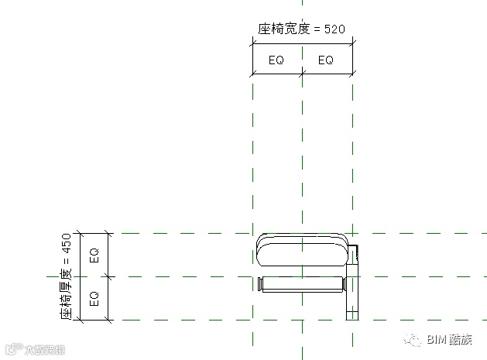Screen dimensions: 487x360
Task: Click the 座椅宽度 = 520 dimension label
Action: click(x=300, y=29)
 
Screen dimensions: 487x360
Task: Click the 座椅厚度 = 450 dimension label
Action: click(x=67, y=276)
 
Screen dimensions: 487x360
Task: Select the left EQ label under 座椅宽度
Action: click(x=277, y=60)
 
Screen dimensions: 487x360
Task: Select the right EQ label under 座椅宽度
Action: click(x=326, y=60)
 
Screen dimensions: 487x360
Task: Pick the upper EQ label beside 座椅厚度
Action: click(x=94, y=254)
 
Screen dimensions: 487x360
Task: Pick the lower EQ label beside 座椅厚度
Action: click(x=94, y=297)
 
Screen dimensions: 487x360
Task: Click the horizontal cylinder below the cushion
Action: click(x=303, y=284)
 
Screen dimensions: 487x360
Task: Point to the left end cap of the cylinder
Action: click(x=261, y=284)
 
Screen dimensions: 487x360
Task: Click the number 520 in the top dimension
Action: click(x=334, y=29)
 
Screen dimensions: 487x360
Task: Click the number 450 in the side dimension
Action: click(x=67, y=242)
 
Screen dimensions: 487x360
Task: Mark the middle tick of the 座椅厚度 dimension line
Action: click(x=109, y=276)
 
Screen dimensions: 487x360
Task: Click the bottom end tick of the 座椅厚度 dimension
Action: click(x=109, y=319)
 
